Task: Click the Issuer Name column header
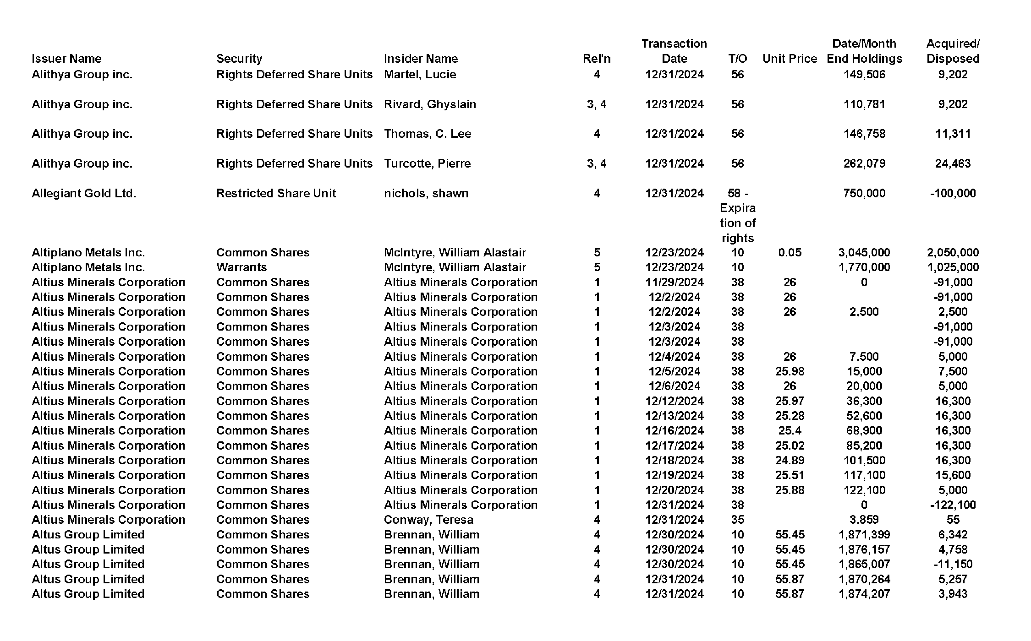66,59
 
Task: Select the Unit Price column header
790,59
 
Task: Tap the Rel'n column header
597,59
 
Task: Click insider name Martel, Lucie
420,74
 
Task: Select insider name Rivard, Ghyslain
430,104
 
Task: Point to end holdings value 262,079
864,163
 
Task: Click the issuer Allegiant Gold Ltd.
84,193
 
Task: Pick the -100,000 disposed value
953,193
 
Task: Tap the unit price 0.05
790,252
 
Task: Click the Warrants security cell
241,267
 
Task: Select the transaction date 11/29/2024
674,282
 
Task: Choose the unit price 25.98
790,371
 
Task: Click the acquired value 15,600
953,475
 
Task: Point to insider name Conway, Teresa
428,520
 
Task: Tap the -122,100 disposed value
953,505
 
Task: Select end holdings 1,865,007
864,564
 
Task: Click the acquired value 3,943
953,594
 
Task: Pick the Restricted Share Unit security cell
276,193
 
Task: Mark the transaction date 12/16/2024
674,430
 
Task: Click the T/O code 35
737,520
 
